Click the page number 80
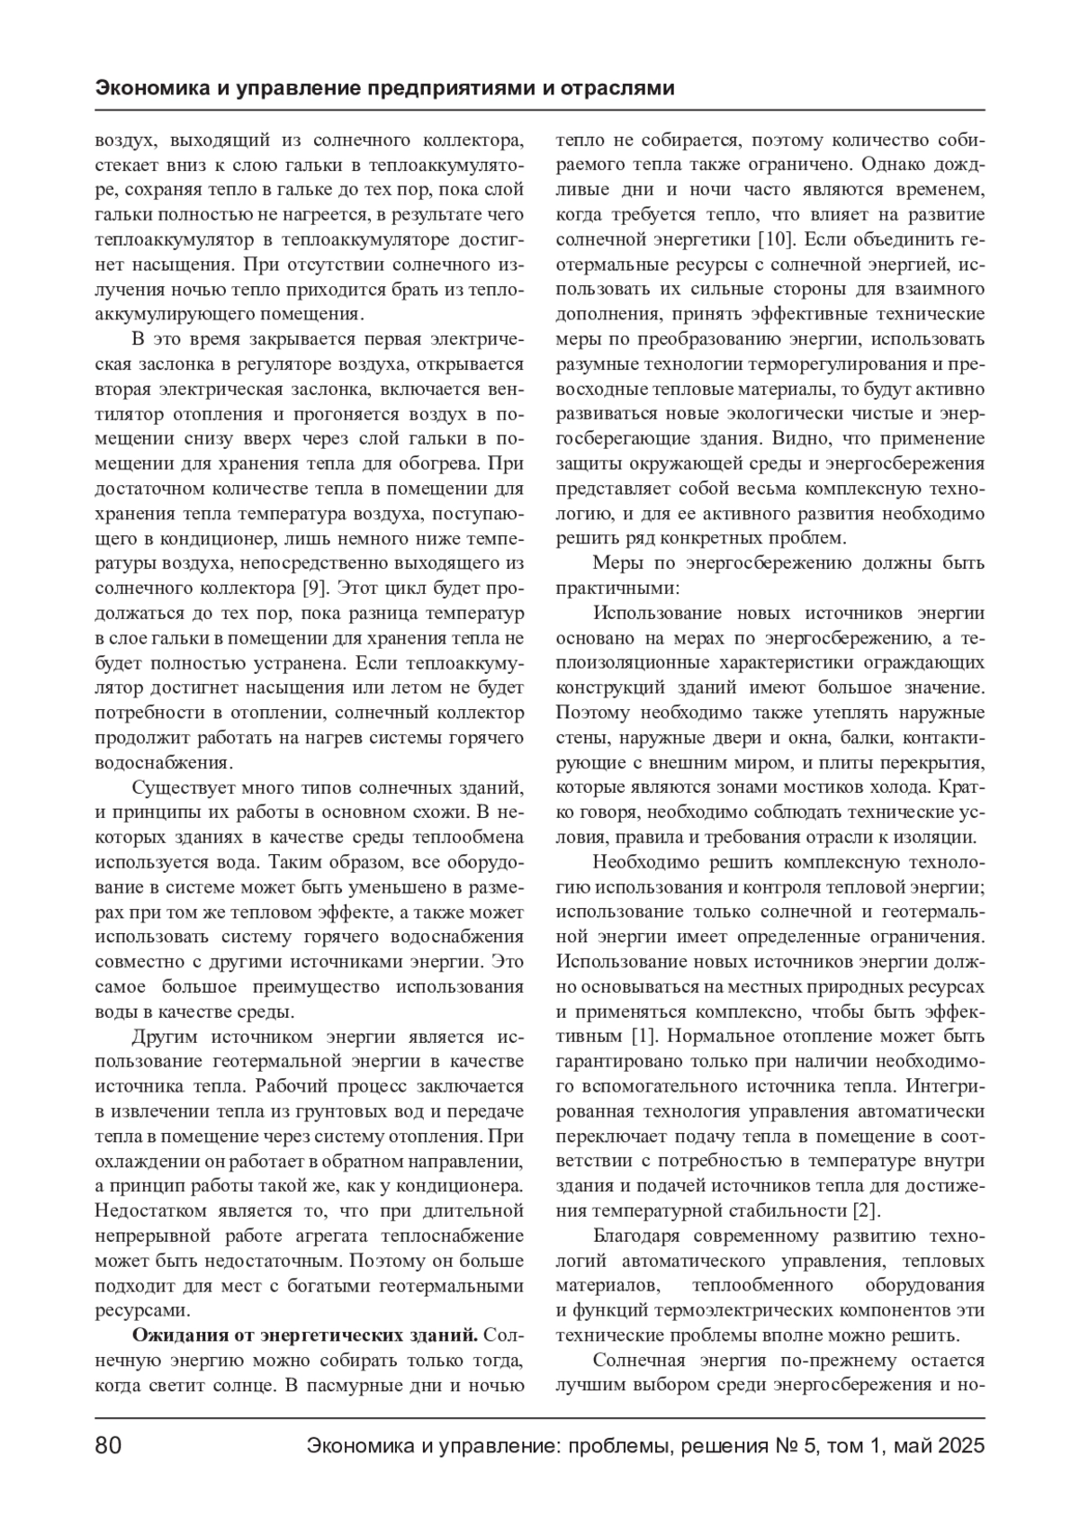coord(108,1446)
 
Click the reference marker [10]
coord(775,240)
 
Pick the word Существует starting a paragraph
coord(184,788)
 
